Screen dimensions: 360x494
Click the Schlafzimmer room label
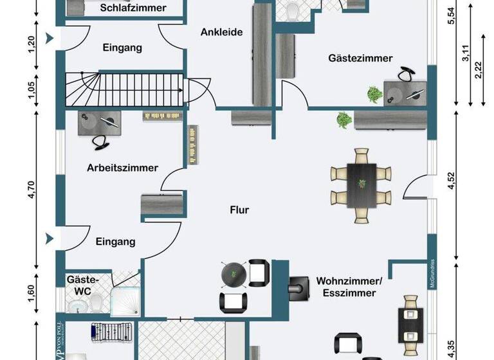pos(133,8)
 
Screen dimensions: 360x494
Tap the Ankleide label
pos(221,32)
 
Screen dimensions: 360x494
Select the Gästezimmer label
pos(360,59)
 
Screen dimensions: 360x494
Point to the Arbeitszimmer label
pos(123,168)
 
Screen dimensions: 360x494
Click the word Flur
pos(239,210)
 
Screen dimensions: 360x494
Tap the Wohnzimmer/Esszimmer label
pos(349,286)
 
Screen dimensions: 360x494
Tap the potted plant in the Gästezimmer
pos(373,94)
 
